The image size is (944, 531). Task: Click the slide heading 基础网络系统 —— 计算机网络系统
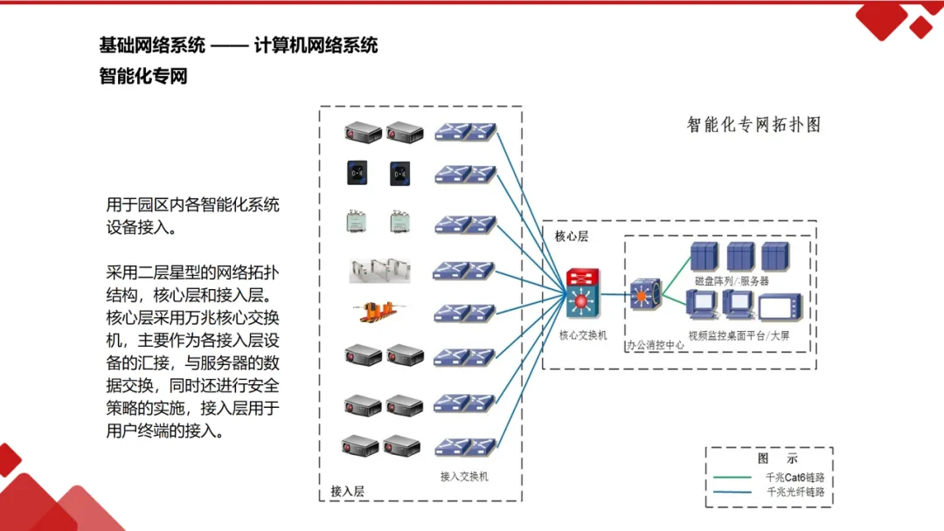pyautogui.click(x=239, y=45)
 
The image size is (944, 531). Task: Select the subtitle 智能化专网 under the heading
pyautogui.click(x=143, y=76)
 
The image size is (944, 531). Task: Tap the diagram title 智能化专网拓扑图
pyautogui.click(x=753, y=125)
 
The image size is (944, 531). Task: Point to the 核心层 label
pyautogui.click(x=572, y=236)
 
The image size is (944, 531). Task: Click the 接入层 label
pyautogui.click(x=347, y=491)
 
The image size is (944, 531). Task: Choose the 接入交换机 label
pyautogui.click(x=464, y=477)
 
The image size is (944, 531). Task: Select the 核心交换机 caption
pyautogui.click(x=582, y=335)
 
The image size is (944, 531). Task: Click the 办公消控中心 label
pyautogui.click(x=655, y=346)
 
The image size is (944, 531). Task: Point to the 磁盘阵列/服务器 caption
pyautogui.click(x=732, y=281)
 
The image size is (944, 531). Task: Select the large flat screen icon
pyautogui.click(x=780, y=309)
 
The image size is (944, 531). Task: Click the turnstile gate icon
pyautogui.click(x=378, y=269)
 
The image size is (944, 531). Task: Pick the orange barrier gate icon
pyautogui.click(x=378, y=312)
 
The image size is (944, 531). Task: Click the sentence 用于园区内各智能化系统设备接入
pyautogui.click(x=192, y=217)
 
